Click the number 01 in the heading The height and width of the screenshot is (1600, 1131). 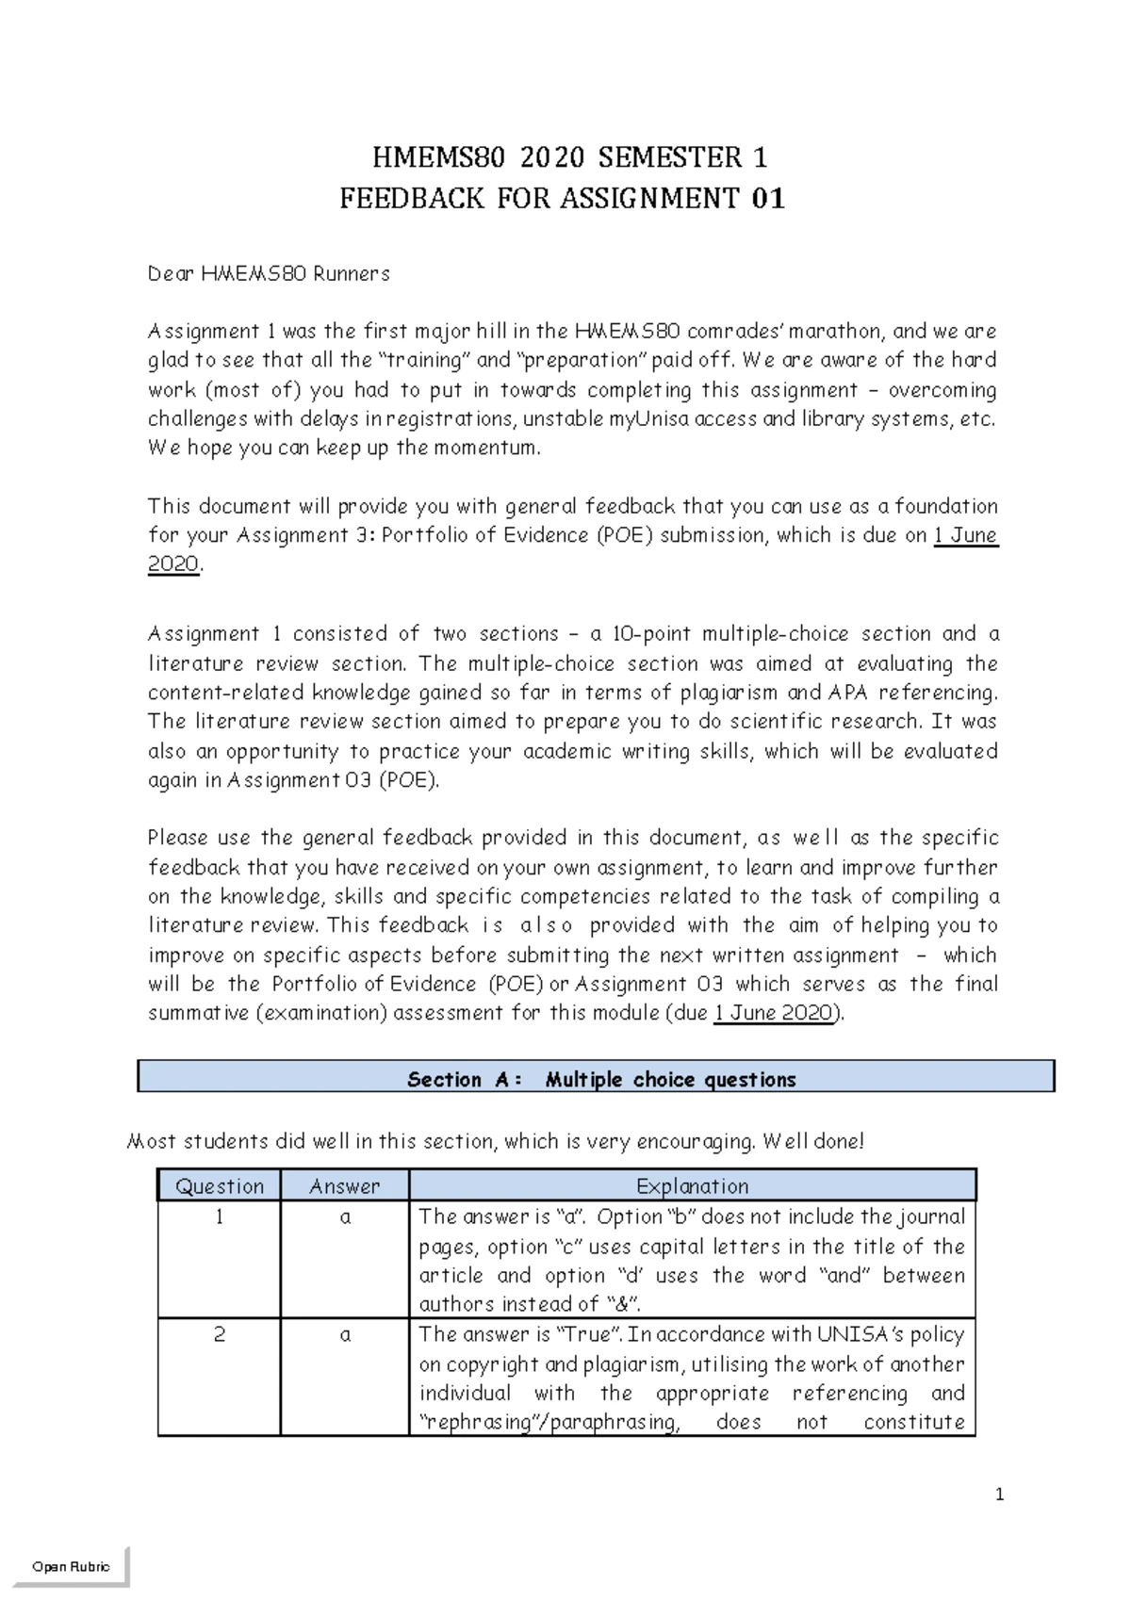(768, 199)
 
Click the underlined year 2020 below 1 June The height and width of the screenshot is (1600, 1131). (173, 564)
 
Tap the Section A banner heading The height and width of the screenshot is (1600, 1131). (600, 1080)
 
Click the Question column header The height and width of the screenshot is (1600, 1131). (220, 1186)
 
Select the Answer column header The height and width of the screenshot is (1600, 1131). (344, 1186)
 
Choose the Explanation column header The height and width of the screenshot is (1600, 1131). (692, 1186)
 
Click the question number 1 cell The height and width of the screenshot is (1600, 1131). (220, 1217)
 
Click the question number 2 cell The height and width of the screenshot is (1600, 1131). (220, 1335)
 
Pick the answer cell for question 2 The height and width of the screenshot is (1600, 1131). (345, 1335)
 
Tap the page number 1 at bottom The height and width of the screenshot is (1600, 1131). (1000, 1495)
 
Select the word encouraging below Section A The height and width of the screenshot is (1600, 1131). (697, 1142)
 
